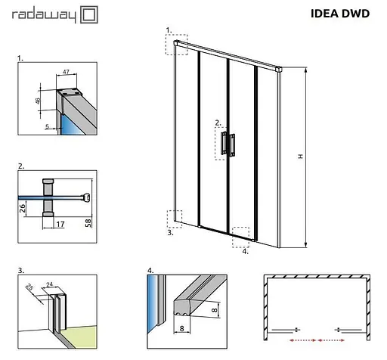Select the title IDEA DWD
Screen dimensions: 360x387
coord(339,13)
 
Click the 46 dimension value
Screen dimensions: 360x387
coord(39,100)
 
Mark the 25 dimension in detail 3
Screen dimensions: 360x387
coord(29,289)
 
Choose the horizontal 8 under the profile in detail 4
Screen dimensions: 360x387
coord(184,330)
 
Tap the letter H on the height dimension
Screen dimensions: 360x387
coord(300,157)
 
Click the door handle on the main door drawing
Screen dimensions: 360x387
coord(229,144)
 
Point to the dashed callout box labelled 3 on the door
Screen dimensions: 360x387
coord(175,218)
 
